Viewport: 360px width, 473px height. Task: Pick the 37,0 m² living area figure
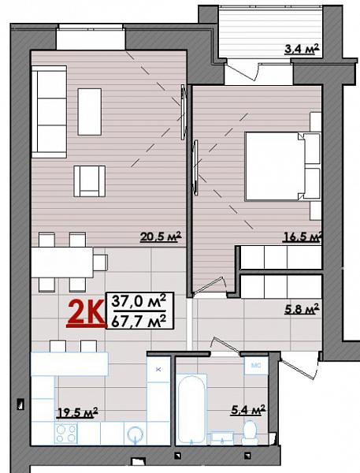pos(139,300)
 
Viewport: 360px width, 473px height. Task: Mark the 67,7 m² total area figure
pos(139,319)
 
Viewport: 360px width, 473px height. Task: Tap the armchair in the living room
pos(90,181)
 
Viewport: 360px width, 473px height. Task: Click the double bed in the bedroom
pos(280,166)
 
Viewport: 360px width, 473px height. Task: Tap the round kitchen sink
pos(136,435)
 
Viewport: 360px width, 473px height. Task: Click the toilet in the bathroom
pos(251,432)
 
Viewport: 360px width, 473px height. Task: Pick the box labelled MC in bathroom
pos(256,366)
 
